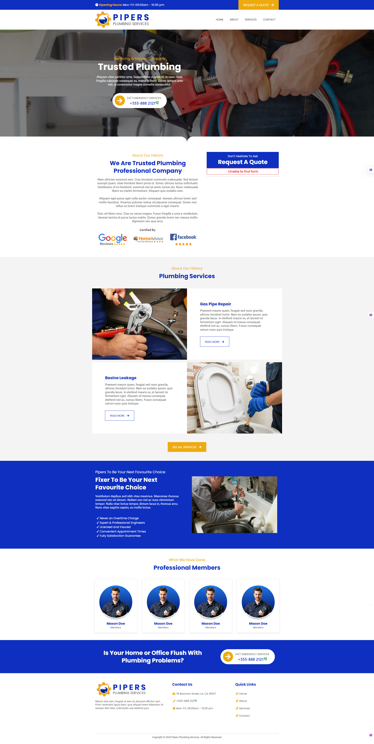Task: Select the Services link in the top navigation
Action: tap(250, 20)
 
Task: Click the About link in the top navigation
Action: tap(234, 20)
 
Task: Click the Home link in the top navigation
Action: tap(220, 20)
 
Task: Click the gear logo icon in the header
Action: tap(103, 20)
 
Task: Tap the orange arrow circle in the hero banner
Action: tap(120, 100)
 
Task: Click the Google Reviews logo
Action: tap(113, 239)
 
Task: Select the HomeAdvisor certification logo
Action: tap(148, 239)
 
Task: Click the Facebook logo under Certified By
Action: tap(183, 239)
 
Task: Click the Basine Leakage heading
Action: tap(121, 378)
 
